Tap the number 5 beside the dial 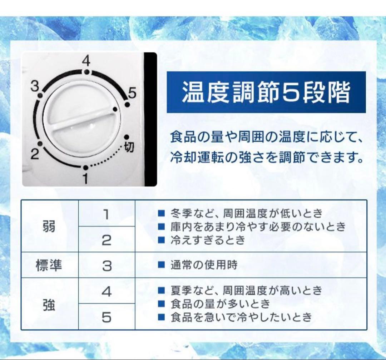click(x=132, y=94)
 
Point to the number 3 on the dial click(x=35, y=86)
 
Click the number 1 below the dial click(x=85, y=178)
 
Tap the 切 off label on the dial click(x=129, y=147)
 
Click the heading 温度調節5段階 click(x=266, y=92)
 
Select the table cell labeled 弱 click(x=49, y=226)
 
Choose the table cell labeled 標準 click(x=49, y=265)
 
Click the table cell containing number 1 click(x=107, y=214)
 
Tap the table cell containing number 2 click(x=107, y=240)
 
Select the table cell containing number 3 click(x=107, y=265)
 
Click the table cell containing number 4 click(x=107, y=291)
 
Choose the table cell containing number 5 click(x=107, y=317)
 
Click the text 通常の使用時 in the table click(x=203, y=265)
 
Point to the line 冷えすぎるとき click(x=207, y=240)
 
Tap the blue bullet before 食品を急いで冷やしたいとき click(x=161, y=316)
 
